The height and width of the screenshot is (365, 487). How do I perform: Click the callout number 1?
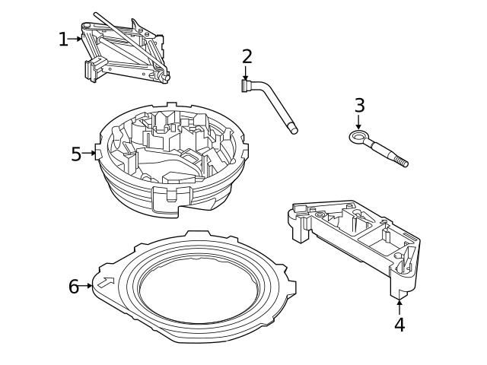(63, 40)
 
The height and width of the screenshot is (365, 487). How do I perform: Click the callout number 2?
(247, 56)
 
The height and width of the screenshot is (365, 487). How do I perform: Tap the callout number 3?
(359, 105)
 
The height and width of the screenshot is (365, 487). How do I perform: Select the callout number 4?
(399, 325)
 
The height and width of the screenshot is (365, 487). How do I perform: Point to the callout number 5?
(76, 154)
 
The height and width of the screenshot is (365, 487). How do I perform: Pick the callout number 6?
(74, 287)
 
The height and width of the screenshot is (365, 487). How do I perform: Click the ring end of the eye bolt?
(357, 137)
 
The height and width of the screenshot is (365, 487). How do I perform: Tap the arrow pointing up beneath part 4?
(399, 306)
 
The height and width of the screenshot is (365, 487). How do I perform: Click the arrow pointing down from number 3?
(358, 122)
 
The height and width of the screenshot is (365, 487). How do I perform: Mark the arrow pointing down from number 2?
(246, 73)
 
